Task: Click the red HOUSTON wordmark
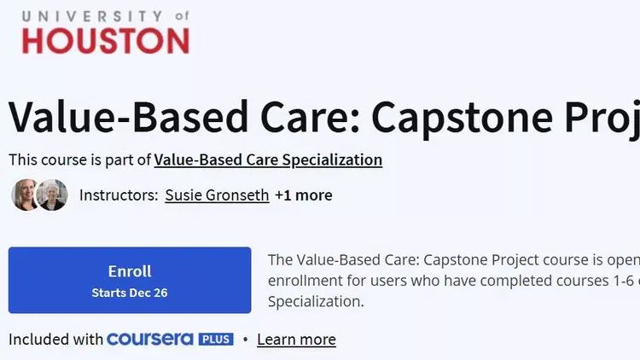click(x=106, y=41)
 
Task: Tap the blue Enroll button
click(x=130, y=280)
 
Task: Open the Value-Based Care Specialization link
click(x=268, y=160)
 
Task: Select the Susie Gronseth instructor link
click(x=217, y=195)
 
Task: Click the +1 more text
click(x=304, y=195)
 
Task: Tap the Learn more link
click(x=296, y=340)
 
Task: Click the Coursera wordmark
click(x=150, y=340)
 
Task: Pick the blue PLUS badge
click(x=216, y=340)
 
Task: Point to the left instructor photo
click(x=25, y=195)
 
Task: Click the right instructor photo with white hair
click(x=52, y=195)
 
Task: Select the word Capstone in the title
click(x=462, y=118)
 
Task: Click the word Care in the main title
click(x=310, y=118)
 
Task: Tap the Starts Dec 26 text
click(x=130, y=293)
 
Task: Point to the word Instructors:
click(x=119, y=195)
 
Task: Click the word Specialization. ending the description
click(x=316, y=302)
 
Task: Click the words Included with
click(x=55, y=340)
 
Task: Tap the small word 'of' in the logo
click(x=182, y=16)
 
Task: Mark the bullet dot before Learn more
click(x=245, y=340)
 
